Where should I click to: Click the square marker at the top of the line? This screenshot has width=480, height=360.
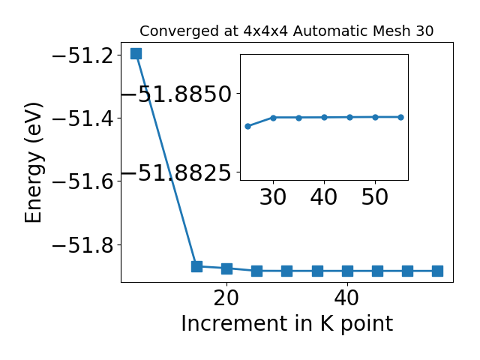click(x=136, y=53)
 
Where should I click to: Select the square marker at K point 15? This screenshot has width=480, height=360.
click(x=196, y=266)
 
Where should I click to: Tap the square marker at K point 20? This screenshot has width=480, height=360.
click(x=226, y=268)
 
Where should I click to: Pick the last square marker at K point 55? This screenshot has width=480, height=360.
click(x=437, y=271)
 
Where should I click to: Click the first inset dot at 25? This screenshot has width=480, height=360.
click(x=248, y=126)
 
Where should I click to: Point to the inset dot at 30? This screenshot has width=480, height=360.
click(x=273, y=118)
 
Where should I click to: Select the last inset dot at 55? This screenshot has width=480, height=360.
click(x=400, y=117)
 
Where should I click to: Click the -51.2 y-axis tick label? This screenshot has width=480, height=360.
click(x=83, y=55)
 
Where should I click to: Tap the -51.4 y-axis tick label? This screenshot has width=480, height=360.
click(x=83, y=118)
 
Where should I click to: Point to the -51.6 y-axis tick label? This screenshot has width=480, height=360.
click(x=83, y=181)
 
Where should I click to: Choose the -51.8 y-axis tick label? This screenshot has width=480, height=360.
click(x=83, y=245)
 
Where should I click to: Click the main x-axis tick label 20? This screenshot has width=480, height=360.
click(x=226, y=298)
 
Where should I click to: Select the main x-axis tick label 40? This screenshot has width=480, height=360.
click(x=346, y=298)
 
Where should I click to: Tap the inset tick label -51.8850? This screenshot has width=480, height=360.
click(x=177, y=94)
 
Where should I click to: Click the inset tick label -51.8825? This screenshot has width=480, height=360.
click(x=177, y=172)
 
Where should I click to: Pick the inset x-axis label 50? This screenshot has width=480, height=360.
click(x=375, y=196)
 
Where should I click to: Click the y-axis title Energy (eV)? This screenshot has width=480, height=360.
click(x=33, y=163)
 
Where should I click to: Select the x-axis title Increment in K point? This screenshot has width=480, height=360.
click(x=287, y=324)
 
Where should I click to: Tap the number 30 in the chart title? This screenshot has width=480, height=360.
click(x=424, y=31)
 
